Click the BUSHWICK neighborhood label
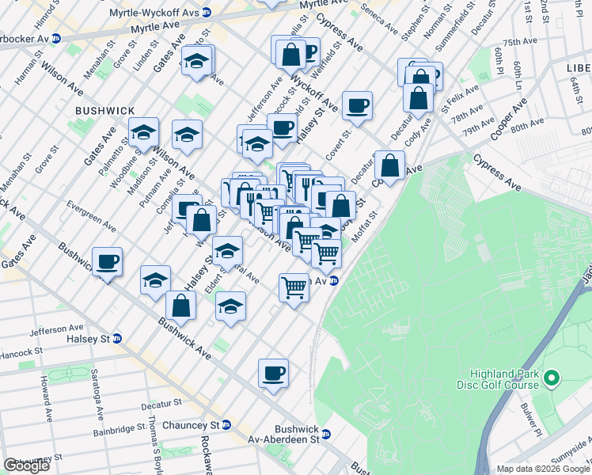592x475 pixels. click(105, 112)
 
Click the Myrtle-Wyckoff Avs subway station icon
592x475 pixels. click(207, 13)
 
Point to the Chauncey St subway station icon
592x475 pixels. click(226, 425)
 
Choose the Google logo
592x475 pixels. click(26, 465)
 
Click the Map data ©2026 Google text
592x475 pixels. click(543, 469)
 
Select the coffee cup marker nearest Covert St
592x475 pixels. click(358, 106)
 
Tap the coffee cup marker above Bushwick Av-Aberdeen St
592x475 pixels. click(273, 373)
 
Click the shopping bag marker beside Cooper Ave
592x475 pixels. click(389, 166)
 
